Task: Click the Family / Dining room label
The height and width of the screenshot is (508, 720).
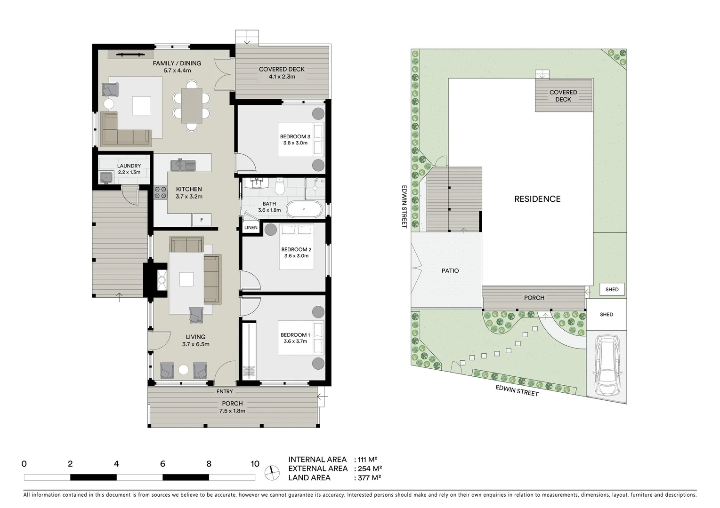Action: pyautogui.click(x=177, y=67)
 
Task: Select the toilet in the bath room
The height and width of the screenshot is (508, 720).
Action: pyautogui.click(x=280, y=187)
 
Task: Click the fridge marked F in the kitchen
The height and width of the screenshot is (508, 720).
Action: pyautogui.click(x=202, y=220)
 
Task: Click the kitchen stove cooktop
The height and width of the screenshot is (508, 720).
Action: pyautogui.click(x=161, y=192)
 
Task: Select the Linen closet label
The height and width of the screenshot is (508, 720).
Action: pyautogui.click(x=251, y=228)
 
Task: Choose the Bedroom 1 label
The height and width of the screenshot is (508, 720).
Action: pyautogui.click(x=295, y=338)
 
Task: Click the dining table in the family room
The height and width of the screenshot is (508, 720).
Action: pyautogui.click(x=192, y=106)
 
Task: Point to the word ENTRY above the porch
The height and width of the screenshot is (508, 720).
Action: pyautogui.click(x=225, y=391)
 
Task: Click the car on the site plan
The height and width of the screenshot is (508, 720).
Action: pyautogui.click(x=607, y=365)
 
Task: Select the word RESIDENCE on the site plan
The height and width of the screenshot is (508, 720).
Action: pyautogui.click(x=537, y=199)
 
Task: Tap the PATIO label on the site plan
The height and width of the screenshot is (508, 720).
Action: pyautogui.click(x=450, y=270)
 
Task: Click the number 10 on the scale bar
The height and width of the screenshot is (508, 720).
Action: pyautogui.click(x=255, y=464)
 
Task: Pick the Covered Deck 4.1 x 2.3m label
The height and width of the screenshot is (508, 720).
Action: pyautogui.click(x=282, y=72)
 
